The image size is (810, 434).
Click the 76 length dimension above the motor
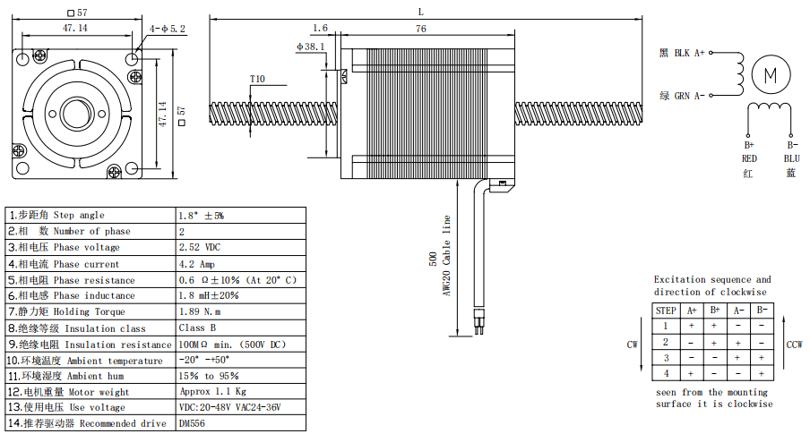click(x=420, y=29)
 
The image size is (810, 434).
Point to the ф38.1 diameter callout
click(x=310, y=47)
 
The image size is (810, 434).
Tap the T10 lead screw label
click(x=257, y=79)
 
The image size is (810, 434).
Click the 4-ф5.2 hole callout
click(x=168, y=29)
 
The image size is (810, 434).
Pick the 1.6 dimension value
click(x=321, y=29)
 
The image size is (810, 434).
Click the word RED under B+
click(x=749, y=158)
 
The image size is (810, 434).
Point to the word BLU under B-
click(x=791, y=158)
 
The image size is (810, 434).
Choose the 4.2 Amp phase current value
click(x=197, y=264)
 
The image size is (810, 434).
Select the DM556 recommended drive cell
click(x=193, y=423)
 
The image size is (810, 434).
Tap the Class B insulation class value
click(x=198, y=328)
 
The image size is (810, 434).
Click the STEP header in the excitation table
click(x=666, y=311)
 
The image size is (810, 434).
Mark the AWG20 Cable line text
click(x=446, y=257)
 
